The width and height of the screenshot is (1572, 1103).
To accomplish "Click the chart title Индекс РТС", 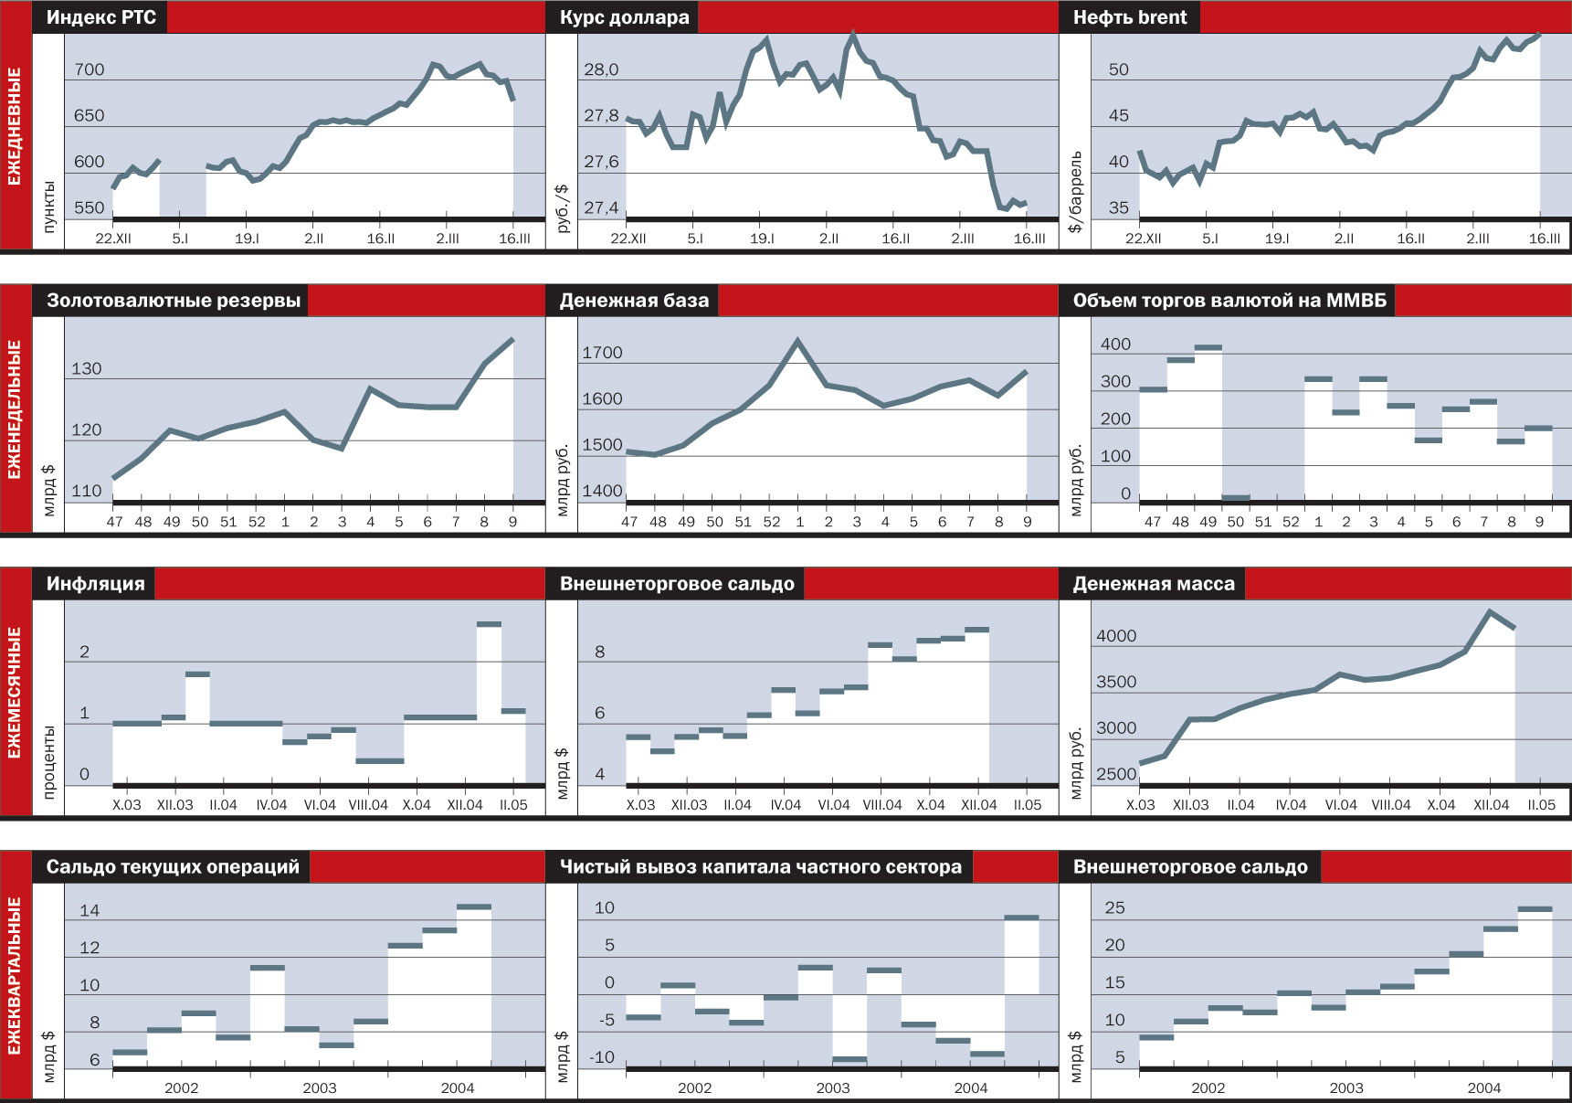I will coord(100,17).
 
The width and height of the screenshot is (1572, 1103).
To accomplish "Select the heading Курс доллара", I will coord(624,17).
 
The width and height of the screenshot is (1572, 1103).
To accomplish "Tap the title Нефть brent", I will coord(1130,17).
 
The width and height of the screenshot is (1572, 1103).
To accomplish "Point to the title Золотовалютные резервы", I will coord(174,301).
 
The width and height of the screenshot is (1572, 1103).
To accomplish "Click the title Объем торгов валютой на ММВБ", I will coord(1229,301).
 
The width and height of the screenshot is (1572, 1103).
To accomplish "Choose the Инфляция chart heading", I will coord(95,584).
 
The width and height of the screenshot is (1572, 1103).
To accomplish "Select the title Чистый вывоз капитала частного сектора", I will coord(760,867).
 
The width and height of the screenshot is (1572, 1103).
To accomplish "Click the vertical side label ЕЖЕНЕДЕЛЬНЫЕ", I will coord(16,408).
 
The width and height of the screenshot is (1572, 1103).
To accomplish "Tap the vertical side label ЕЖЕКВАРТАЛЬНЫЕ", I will coord(16,975).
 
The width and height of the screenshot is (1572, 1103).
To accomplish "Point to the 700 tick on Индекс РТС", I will coord(90,69).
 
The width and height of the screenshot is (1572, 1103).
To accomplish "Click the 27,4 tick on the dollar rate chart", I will coord(601,207).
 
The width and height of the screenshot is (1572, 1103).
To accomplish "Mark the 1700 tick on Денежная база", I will coord(602,353).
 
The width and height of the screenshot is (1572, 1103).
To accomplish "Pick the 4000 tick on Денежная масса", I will coord(1116,636).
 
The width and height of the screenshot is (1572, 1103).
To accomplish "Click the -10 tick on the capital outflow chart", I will coord(602,1057).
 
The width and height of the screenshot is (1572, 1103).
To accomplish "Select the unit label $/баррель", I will coord(1075,192).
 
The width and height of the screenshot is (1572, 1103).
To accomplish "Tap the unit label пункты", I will coord(48,207).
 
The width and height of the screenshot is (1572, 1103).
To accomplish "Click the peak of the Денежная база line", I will coord(798,341).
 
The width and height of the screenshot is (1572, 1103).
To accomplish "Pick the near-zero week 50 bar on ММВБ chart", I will coord(1236,498).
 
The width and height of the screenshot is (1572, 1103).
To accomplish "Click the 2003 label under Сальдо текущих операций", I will coord(320,1087).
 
